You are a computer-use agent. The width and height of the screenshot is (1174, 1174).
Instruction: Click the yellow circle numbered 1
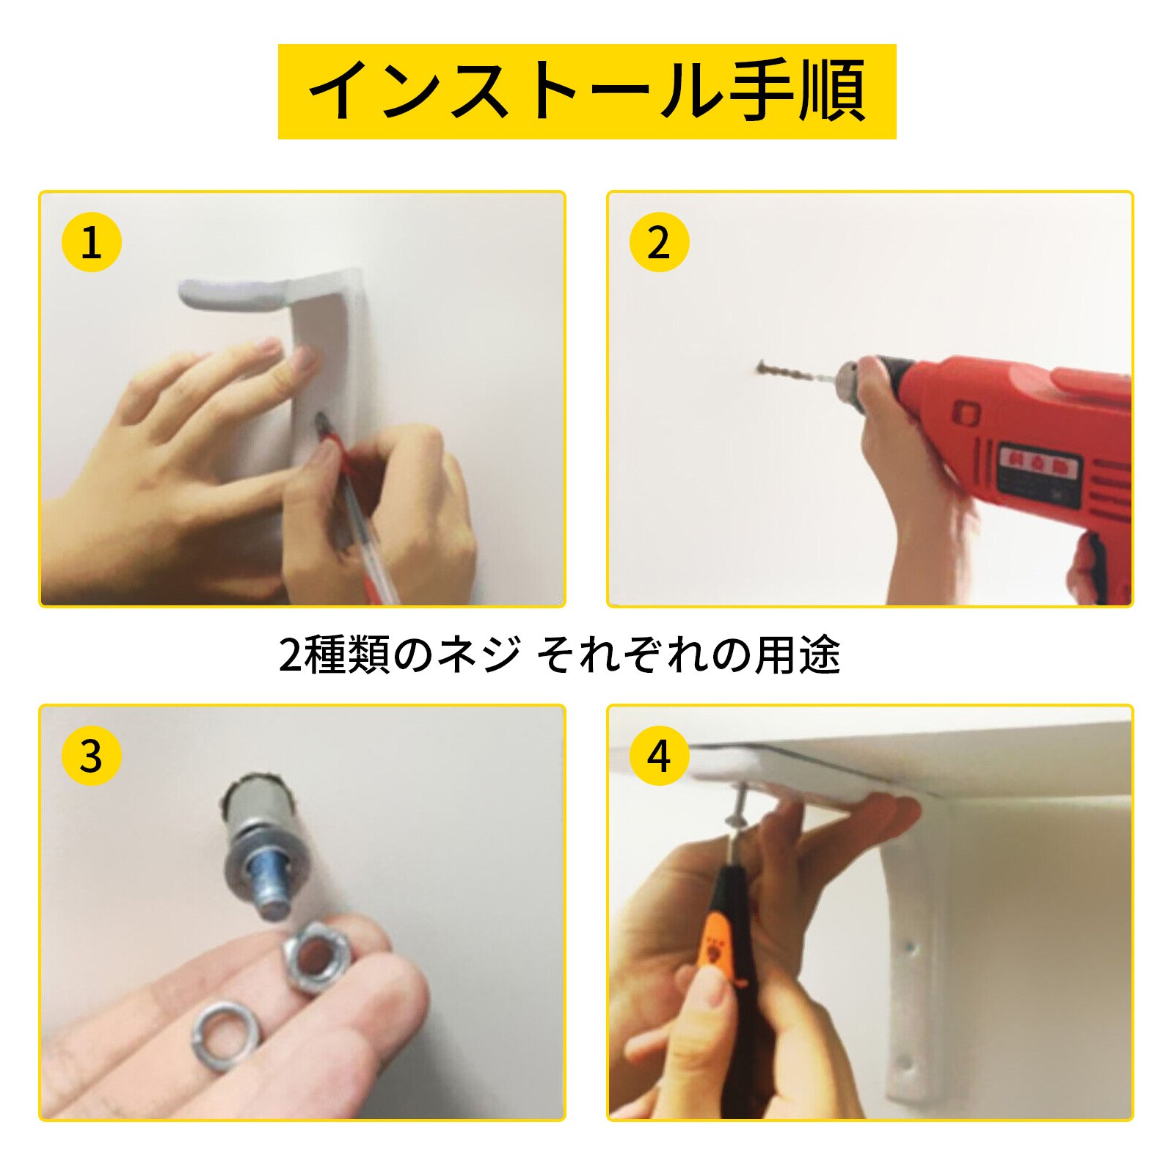click(91, 242)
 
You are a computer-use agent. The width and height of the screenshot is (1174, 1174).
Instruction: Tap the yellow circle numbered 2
click(659, 242)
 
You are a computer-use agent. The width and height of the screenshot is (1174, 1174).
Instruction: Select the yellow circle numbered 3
click(91, 756)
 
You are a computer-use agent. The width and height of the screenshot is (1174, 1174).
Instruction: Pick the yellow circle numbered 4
click(659, 756)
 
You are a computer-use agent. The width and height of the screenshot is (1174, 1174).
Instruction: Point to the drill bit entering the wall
click(792, 374)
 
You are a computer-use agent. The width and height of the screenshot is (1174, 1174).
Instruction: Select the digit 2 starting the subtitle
click(290, 655)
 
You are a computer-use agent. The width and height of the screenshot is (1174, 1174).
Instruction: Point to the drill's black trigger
click(1093, 565)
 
